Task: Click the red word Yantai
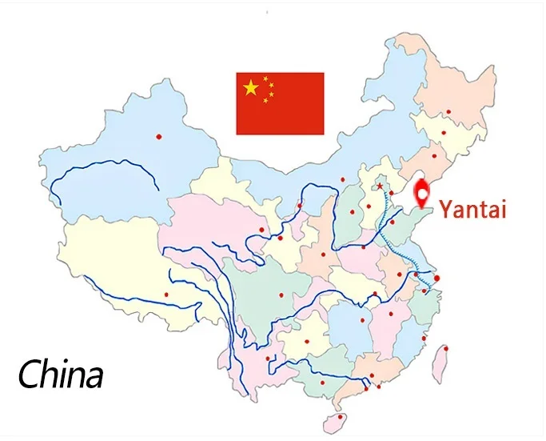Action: tap(472, 211)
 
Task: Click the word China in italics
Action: tap(62, 374)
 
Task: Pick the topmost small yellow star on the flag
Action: tap(266, 78)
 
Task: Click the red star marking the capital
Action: tap(380, 187)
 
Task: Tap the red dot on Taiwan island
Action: tap(445, 348)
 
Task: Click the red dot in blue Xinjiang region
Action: tap(158, 136)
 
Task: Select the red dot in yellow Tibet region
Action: tap(167, 295)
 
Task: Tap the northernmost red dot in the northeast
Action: tap(448, 111)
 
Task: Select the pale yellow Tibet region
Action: tap(112, 256)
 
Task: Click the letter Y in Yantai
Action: tap(446, 211)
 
